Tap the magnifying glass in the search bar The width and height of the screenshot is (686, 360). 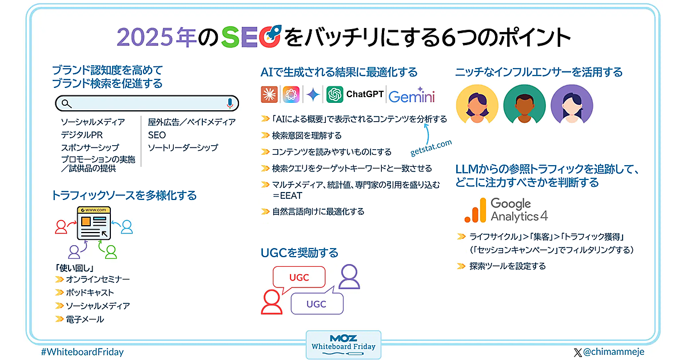(x=67, y=103)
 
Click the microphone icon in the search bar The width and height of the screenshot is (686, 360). (x=229, y=103)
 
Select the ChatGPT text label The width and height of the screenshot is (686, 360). (x=365, y=94)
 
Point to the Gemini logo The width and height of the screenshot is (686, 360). (x=412, y=95)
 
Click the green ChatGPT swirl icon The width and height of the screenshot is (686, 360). (x=334, y=94)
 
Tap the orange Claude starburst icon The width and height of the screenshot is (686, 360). (x=269, y=94)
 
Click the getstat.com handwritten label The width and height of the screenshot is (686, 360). (x=431, y=148)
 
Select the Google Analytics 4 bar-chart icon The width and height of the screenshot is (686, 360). (x=475, y=210)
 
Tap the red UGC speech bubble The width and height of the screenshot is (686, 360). (x=299, y=277)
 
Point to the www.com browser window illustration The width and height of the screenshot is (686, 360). (x=93, y=223)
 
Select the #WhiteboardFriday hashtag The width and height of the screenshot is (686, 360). (x=82, y=352)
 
